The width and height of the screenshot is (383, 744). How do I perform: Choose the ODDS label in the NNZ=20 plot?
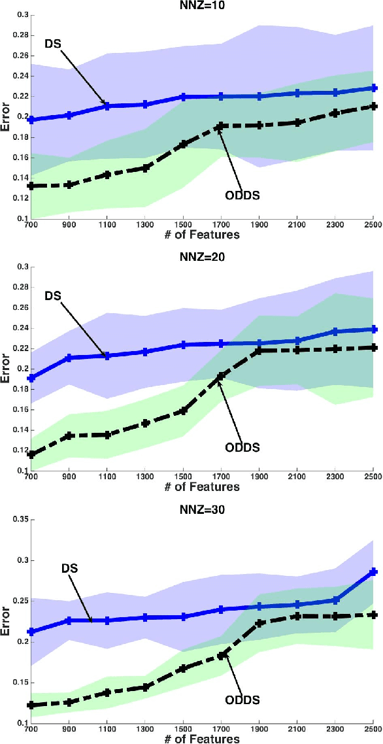pos(242,448)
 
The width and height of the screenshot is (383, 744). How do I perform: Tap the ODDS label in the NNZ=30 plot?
pos(242,700)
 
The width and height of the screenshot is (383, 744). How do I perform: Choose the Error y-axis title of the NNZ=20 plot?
pos(6,369)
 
